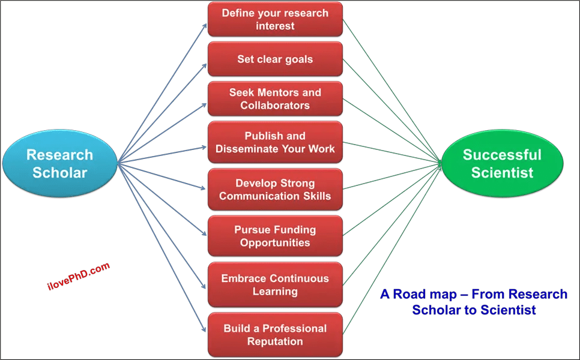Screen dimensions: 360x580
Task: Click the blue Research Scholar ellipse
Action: pos(59,163)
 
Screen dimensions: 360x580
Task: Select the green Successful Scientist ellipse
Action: pos(502,163)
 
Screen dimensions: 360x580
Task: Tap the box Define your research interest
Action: pos(275,19)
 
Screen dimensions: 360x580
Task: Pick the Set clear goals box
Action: pos(275,59)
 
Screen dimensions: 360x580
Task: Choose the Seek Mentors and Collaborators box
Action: pos(275,99)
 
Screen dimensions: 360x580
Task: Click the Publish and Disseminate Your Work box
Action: pos(275,142)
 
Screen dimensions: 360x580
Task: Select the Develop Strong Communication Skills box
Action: pos(275,190)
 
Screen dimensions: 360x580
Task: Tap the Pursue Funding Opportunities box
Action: pos(275,236)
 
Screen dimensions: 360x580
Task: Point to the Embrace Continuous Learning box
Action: pos(275,285)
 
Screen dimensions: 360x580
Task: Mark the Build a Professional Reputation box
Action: pos(275,335)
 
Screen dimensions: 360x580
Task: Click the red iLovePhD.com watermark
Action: pos(79,277)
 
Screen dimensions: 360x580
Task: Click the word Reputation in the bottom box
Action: pos(275,341)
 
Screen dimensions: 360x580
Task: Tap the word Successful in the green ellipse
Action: pos(502,155)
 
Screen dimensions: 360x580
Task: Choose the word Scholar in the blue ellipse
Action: pos(59,173)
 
